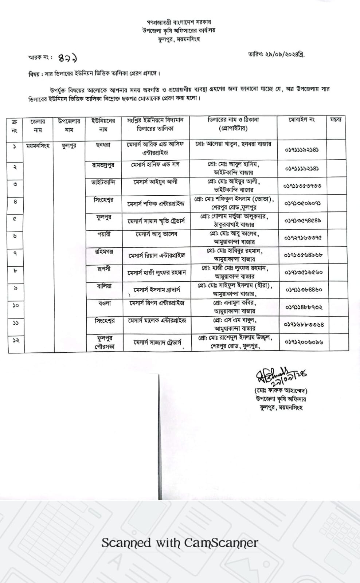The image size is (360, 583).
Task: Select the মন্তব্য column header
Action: click(x=336, y=120)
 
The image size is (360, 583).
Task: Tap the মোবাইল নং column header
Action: click(x=301, y=120)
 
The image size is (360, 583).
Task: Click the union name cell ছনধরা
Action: click(x=103, y=145)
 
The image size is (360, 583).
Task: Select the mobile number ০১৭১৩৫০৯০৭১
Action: click(x=302, y=203)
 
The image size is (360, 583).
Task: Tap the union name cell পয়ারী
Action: click(x=104, y=234)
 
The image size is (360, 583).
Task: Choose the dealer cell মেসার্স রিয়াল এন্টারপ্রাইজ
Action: click(x=156, y=255)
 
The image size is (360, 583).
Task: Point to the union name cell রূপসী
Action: click(x=104, y=269)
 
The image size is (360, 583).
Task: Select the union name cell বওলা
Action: click(x=104, y=303)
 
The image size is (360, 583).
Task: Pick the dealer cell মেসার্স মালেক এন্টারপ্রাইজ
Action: click(x=157, y=320)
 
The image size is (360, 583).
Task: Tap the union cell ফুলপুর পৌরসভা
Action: click(x=105, y=343)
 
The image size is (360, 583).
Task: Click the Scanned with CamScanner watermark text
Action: click(x=180, y=543)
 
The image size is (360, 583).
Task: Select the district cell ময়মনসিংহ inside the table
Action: click(x=38, y=146)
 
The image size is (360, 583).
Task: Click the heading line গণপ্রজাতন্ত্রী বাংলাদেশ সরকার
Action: click(x=179, y=22)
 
